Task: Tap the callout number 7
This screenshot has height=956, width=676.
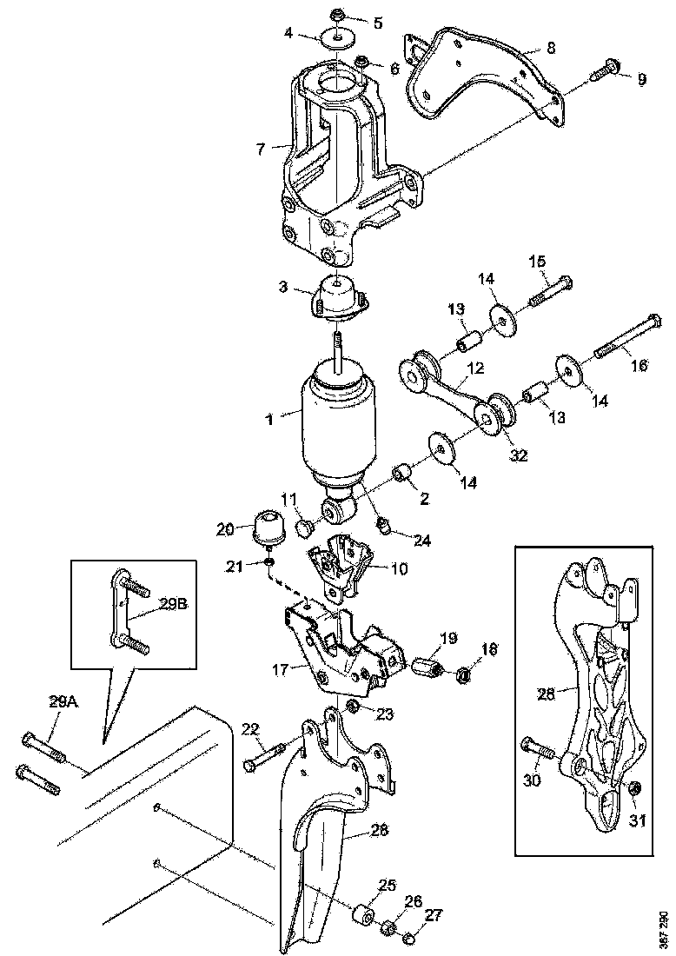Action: click(x=260, y=149)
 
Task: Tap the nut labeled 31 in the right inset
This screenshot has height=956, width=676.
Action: click(x=634, y=788)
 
